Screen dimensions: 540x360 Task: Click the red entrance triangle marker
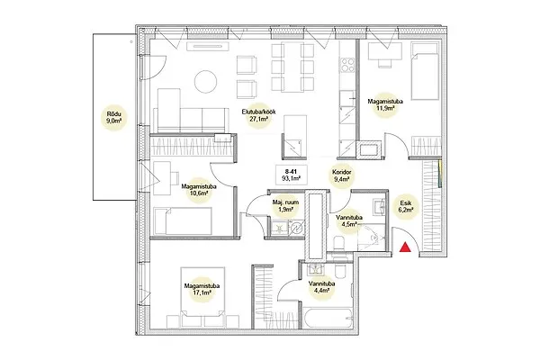[405, 247]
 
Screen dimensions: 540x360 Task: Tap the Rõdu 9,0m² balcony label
[114, 118]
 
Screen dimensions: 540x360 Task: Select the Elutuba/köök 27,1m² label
[258, 116]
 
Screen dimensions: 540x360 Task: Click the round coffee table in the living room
[205, 82]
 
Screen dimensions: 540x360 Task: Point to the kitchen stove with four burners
[347, 65]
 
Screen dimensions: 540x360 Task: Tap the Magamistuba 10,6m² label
[199, 190]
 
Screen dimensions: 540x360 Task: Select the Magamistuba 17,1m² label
[202, 289]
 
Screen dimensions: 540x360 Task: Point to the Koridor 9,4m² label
[341, 175]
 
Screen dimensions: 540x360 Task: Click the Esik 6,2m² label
[404, 206]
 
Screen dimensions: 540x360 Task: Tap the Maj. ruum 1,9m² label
[285, 206]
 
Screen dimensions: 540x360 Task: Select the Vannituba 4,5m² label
[348, 221]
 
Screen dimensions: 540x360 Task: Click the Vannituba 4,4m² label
[321, 287]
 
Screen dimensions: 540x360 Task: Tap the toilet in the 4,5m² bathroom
[339, 244]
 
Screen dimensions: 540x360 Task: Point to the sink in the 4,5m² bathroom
[381, 207]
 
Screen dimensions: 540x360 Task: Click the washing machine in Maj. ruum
[297, 227]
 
